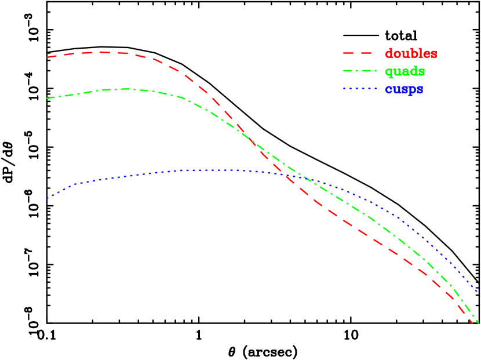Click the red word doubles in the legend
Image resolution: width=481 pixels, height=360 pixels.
point(411,54)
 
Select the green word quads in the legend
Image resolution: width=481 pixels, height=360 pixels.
point(405,72)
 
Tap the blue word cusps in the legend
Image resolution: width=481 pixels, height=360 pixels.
point(404,90)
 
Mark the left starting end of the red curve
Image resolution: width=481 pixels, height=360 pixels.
point(48,57)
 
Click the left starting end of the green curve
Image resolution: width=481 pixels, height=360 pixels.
point(48,99)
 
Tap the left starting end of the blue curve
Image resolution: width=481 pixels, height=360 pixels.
point(48,198)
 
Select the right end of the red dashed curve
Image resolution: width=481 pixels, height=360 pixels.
point(472,323)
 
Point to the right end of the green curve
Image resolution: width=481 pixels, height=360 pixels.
point(478,323)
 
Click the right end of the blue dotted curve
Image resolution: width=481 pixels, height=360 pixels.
point(478,291)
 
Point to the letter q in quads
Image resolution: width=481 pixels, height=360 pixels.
point(389,73)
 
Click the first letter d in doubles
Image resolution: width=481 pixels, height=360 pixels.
point(389,54)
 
